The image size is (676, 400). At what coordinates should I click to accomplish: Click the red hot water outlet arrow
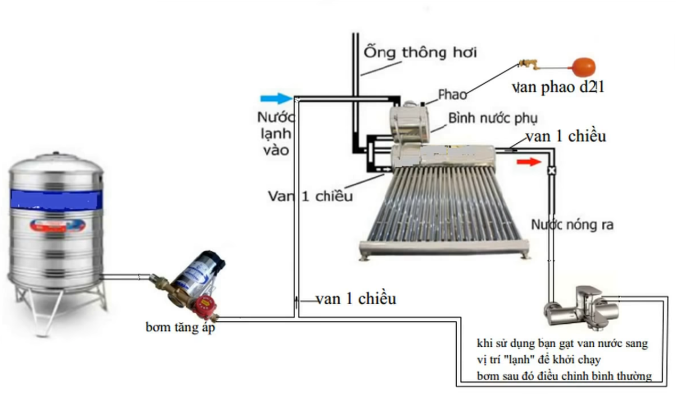pyautogui.click(x=529, y=161)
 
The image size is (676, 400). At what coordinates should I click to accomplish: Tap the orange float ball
pyautogui.click(x=583, y=68)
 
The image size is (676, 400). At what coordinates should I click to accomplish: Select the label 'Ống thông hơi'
pyautogui.click(x=420, y=53)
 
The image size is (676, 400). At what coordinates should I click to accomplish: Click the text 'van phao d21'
pyautogui.click(x=558, y=87)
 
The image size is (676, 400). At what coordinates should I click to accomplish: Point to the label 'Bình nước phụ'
pyautogui.click(x=492, y=118)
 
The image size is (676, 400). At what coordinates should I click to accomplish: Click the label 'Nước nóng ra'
pyautogui.click(x=572, y=225)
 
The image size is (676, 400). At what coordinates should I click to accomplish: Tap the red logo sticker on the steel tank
pyautogui.click(x=57, y=225)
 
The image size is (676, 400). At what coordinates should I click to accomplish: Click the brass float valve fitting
pyautogui.click(x=528, y=64)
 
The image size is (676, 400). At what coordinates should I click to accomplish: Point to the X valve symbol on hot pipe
pyautogui.click(x=552, y=170)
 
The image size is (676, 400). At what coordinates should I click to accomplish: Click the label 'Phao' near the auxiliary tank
pyautogui.click(x=452, y=95)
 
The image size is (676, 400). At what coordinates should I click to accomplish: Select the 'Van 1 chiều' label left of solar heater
pyautogui.click(x=310, y=195)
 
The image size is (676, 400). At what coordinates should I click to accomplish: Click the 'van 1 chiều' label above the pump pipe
pyautogui.click(x=356, y=299)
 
